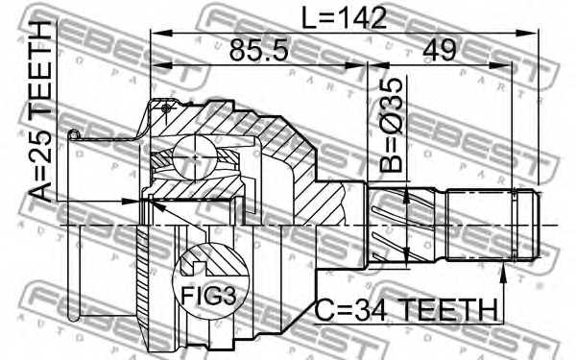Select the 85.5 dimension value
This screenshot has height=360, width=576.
(x=255, y=52)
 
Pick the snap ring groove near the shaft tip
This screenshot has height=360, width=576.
(x=517, y=225)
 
